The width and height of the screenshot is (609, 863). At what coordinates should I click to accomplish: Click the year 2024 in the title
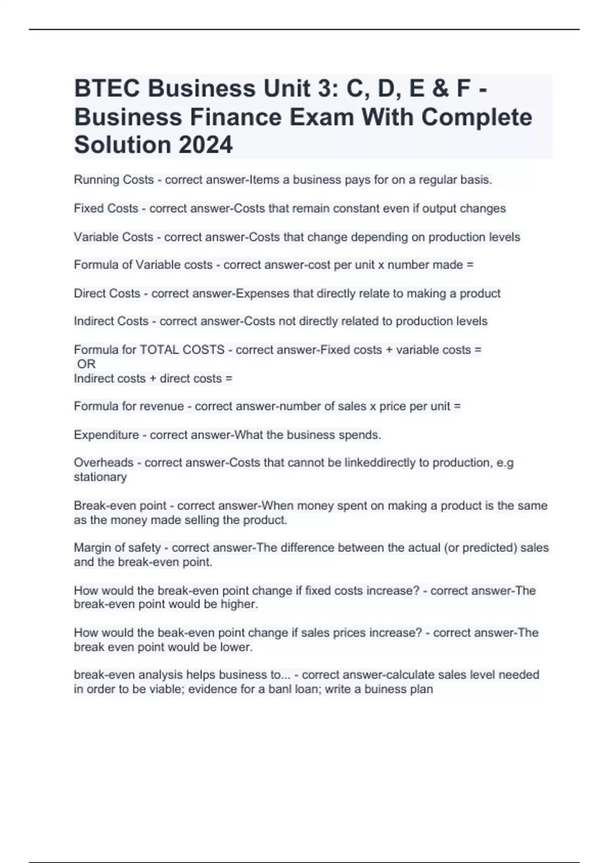point(206,145)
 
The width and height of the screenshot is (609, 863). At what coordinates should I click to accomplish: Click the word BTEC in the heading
point(107,89)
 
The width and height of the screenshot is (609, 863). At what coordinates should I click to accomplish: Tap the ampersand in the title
point(439,89)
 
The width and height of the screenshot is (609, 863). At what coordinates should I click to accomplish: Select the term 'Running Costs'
point(114,180)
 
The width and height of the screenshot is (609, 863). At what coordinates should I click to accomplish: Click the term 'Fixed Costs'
point(106,209)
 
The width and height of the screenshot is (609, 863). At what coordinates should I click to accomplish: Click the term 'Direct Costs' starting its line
point(107,293)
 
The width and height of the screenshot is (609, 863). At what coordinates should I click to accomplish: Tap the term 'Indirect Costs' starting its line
point(111,321)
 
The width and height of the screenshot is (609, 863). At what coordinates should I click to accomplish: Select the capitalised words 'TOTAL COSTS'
point(182,350)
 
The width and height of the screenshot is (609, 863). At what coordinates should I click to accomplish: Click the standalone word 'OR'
point(86,364)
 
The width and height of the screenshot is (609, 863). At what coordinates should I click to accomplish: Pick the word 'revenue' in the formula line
point(164,406)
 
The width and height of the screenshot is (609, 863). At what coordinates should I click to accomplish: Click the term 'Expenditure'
point(106,435)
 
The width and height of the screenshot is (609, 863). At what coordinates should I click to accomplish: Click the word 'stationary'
point(100,477)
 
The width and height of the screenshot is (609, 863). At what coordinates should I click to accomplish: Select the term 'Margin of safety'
point(117,548)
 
